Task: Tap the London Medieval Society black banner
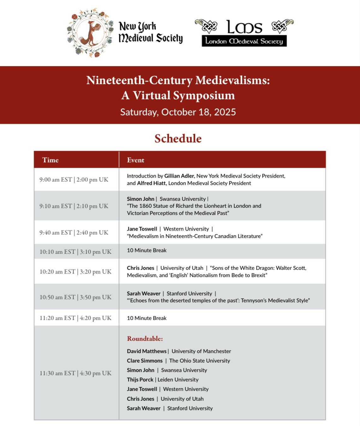pyautogui.click(x=244, y=41)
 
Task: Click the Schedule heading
pyautogui.click(x=178, y=138)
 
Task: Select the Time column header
pyautogui.click(x=50, y=160)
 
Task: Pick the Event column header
pyautogui.click(x=136, y=160)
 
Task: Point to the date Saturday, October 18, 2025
pyautogui.click(x=178, y=112)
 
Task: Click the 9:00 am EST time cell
pyautogui.click(x=74, y=179)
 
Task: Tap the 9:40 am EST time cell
pyautogui.click(x=74, y=232)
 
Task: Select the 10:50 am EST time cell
pyautogui.click(x=75, y=297)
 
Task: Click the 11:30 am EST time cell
pyautogui.click(x=75, y=373)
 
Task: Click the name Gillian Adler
pyautogui.click(x=179, y=176)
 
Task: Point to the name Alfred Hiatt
pyautogui.click(x=151, y=183)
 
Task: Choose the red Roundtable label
pyautogui.click(x=145, y=339)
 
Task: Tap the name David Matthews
pyautogui.click(x=147, y=351)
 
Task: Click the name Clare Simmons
pyautogui.click(x=145, y=361)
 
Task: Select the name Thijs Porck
pyautogui.click(x=140, y=380)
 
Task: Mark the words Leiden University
pyautogui.click(x=178, y=380)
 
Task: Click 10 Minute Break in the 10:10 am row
pyautogui.click(x=147, y=250)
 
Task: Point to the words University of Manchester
pyautogui.click(x=201, y=351)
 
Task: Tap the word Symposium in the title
pyautogui.click(x=208, y=95)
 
